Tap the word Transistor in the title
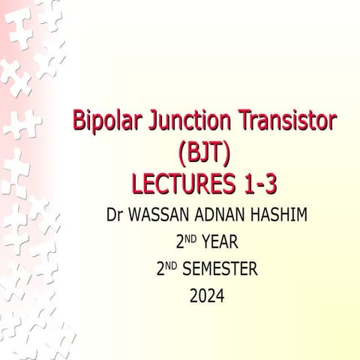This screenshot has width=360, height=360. (x=286, y=121)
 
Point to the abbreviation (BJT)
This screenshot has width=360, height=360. (x=204, y=152)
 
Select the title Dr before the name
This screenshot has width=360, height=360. (x=115, y=216)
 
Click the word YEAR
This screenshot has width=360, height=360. (x=219, y=243)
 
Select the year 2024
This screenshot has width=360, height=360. (x=207, y=296)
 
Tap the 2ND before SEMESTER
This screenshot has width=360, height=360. (x=166, y=268)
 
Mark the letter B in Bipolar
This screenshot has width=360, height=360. (x=79, y=121)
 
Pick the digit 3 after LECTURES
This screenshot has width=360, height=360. (x=281, y=184)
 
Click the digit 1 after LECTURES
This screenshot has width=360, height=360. (x=256, y=184)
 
